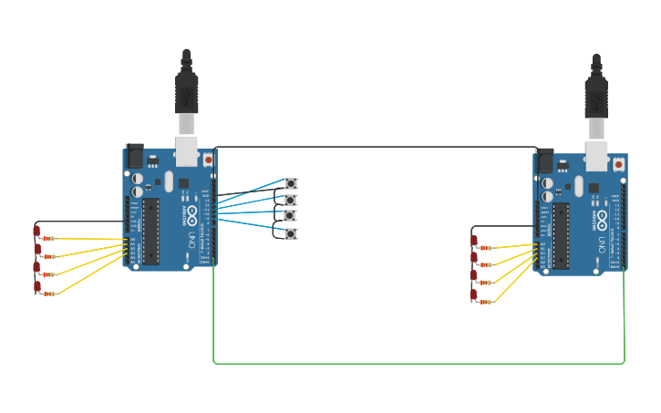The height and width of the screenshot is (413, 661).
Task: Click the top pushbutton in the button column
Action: [x=291, y=183]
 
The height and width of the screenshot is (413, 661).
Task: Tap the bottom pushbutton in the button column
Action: [x=291, y=233]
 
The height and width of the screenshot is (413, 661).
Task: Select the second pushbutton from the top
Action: [x=291, y=200]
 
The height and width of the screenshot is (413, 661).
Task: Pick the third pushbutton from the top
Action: [x=291, y=216]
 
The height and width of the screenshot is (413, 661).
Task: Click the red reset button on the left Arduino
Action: [x=208, y=160]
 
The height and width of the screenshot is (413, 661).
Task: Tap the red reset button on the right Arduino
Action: [x=618, y=165]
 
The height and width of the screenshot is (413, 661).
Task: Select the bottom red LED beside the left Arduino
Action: [x=36, y=286]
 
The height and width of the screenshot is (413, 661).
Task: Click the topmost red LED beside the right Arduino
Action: [x=473, y=241]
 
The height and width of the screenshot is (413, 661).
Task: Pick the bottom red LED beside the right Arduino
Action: [x=473, y=294]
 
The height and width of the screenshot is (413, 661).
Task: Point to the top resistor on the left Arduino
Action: [x=48, y=238]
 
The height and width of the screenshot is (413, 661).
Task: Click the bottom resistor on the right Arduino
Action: [x=486, y=302]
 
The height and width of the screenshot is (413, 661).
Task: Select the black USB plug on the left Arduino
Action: [x=186, y=91]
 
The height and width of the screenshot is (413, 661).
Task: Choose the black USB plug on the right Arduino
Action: [x=596, y=97]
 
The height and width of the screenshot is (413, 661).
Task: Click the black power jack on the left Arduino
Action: [x=134, y=155]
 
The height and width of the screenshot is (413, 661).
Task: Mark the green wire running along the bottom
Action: [x=419, y=363]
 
